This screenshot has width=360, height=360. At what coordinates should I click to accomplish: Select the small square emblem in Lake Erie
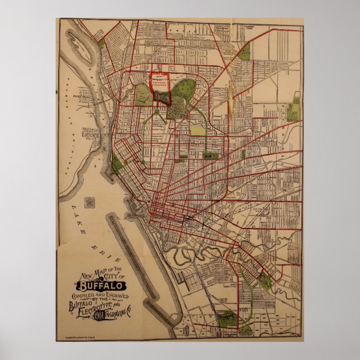tap(89, 202)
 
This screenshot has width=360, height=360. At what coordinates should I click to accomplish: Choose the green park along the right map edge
tap(295, 109)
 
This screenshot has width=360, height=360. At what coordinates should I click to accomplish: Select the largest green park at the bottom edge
tap(228, 319)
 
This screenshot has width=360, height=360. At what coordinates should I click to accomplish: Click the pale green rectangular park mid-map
tap(198, 130)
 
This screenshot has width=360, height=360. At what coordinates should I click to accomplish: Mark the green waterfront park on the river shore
tap(116, 164)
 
